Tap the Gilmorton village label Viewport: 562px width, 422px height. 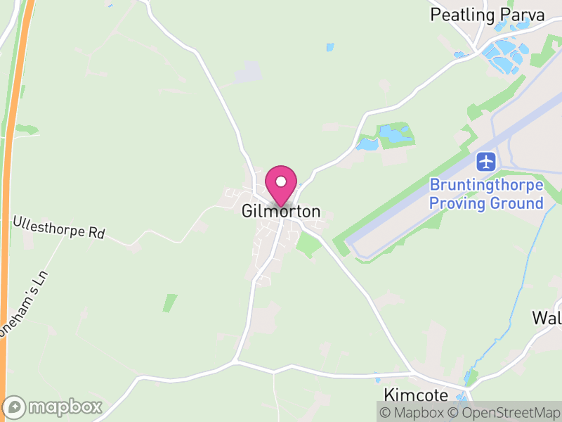click(x=281, y=211)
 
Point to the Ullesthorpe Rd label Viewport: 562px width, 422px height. click(x=58, y=227)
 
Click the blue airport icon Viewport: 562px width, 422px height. click(x=486, y=161)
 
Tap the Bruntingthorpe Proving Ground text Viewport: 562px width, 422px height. click(x=486, y=194)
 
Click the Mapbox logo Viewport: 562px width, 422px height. click(x=53, y=407)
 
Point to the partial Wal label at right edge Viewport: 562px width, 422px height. click(x=547, y=317)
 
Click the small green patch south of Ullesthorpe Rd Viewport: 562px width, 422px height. click(x=169, y=302)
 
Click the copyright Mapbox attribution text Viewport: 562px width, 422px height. click(x=414, y=413)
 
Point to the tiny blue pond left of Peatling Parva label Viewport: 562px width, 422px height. click(x=330, y=48)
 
